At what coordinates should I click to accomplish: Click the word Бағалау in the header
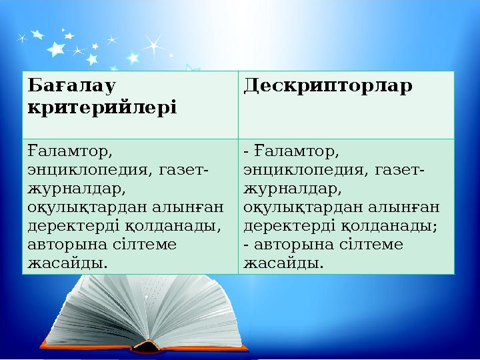[71, 86]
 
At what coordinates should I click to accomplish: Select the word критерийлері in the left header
[102, 108]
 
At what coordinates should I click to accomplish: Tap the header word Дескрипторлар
[328, 86]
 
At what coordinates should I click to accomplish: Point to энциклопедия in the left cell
[88, 170]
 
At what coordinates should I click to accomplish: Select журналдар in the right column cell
[293, 189]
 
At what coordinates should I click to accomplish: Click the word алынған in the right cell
[404, 207]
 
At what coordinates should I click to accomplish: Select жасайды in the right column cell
[283, 263]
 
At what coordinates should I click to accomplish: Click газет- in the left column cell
[184, 170]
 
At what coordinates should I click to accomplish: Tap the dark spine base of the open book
[146, 347]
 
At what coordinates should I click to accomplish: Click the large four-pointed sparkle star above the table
[154, 47]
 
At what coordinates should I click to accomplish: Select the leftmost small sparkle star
[22, 38]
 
